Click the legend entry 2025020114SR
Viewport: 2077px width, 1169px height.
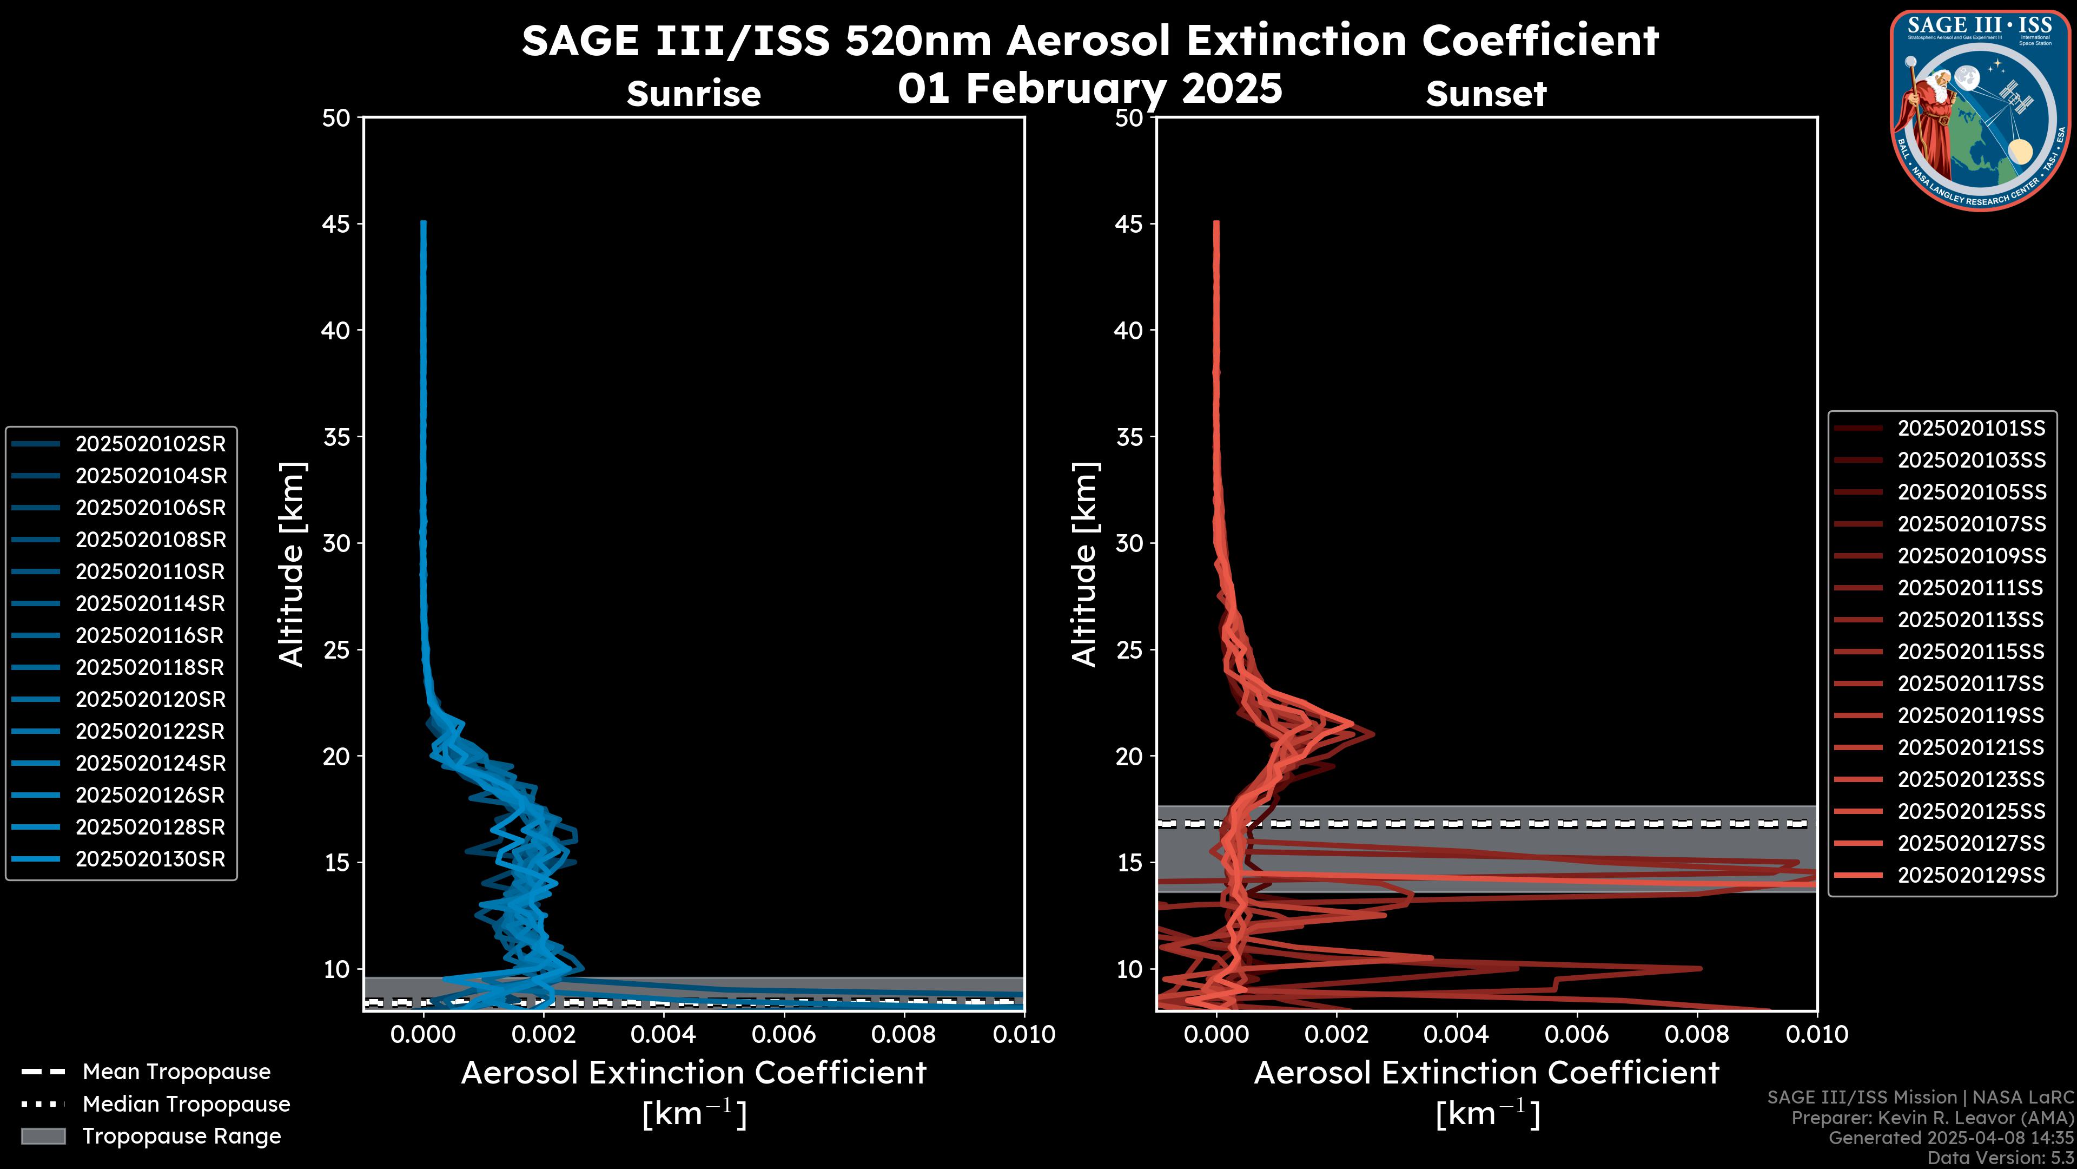(150, 603)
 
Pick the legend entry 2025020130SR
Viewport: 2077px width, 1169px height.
(150, 859)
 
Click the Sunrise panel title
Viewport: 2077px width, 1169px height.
(693, 94)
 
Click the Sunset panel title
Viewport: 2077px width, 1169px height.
(1486, 94)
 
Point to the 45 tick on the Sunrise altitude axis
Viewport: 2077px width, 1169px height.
(336, 224)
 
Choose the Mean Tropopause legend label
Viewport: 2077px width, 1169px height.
(176, 1072)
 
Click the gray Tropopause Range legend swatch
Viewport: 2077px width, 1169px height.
(43, 1136)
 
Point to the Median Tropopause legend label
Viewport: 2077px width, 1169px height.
(186, 1105)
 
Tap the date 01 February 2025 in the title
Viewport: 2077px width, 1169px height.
(1089, 88)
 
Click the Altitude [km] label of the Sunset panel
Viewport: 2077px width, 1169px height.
(1084, 564)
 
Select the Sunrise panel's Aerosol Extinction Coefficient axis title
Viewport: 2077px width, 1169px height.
(693, 1074)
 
